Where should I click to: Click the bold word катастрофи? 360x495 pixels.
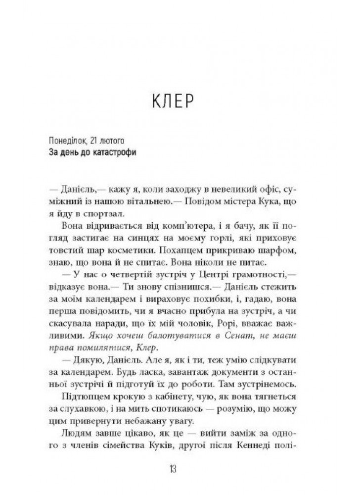[114, 152]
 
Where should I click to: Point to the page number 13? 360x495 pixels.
[180, 468]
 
